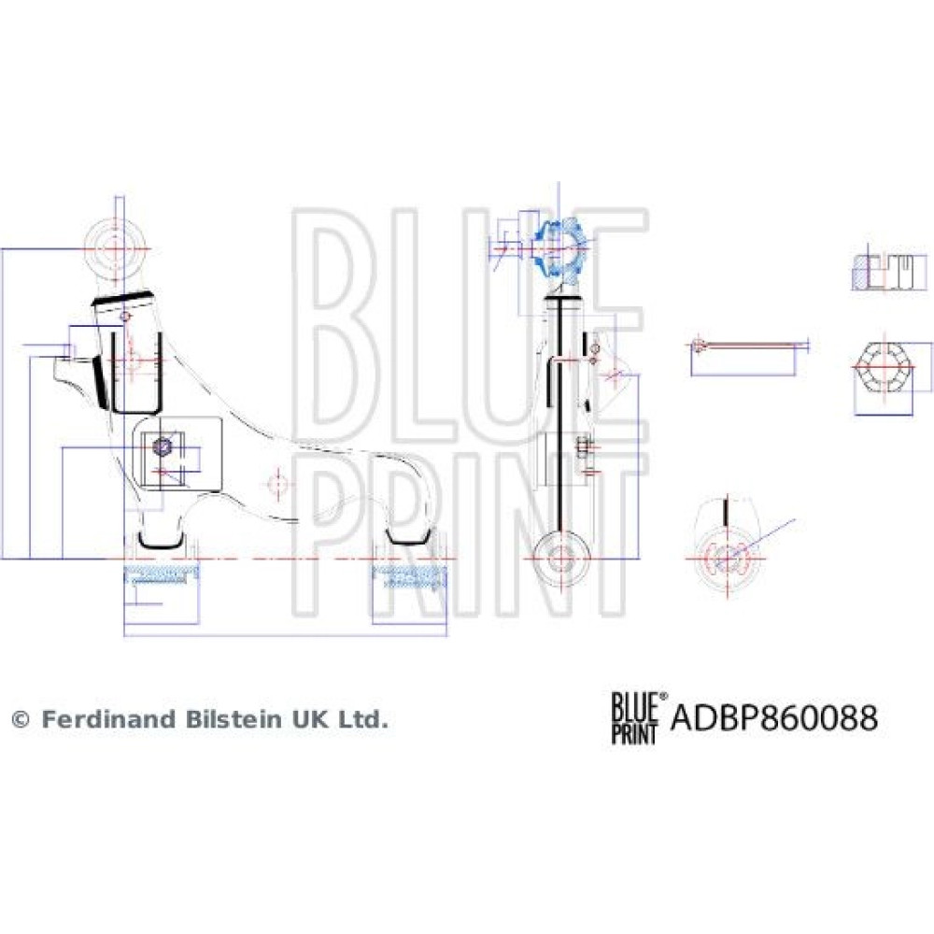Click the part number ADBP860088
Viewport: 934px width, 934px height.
coord(774,717)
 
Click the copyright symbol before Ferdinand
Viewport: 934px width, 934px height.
coord(21,719)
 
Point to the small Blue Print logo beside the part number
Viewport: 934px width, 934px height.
coord(635,717)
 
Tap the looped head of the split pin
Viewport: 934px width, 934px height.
coord(699,347)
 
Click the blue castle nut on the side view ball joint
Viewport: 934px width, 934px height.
coord(559,248)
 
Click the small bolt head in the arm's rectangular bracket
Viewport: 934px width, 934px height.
coord(161,446)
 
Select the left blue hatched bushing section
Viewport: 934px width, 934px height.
coord(160,575)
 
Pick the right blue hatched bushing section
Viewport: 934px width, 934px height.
coord(409,576)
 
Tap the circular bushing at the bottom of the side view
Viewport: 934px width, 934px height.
coord(559,559)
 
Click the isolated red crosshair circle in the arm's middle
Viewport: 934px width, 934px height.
coord(278,485)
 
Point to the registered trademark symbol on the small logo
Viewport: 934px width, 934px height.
coord(663,696)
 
